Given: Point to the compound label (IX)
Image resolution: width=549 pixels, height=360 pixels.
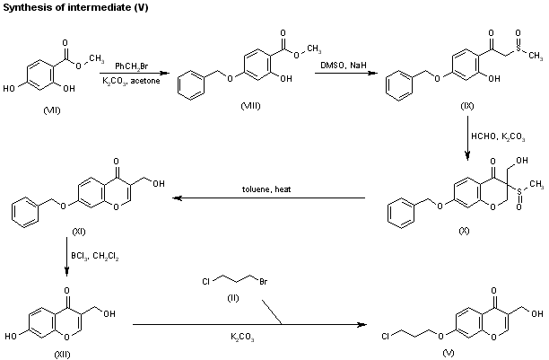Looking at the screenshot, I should [x=467, y=105].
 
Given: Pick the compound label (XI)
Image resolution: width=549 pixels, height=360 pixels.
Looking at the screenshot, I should [x=78, y=232].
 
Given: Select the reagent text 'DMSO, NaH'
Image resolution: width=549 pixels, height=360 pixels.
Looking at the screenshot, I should [x=344, y=66].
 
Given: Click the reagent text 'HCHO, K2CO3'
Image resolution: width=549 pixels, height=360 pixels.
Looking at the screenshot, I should [x=500, y=136].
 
